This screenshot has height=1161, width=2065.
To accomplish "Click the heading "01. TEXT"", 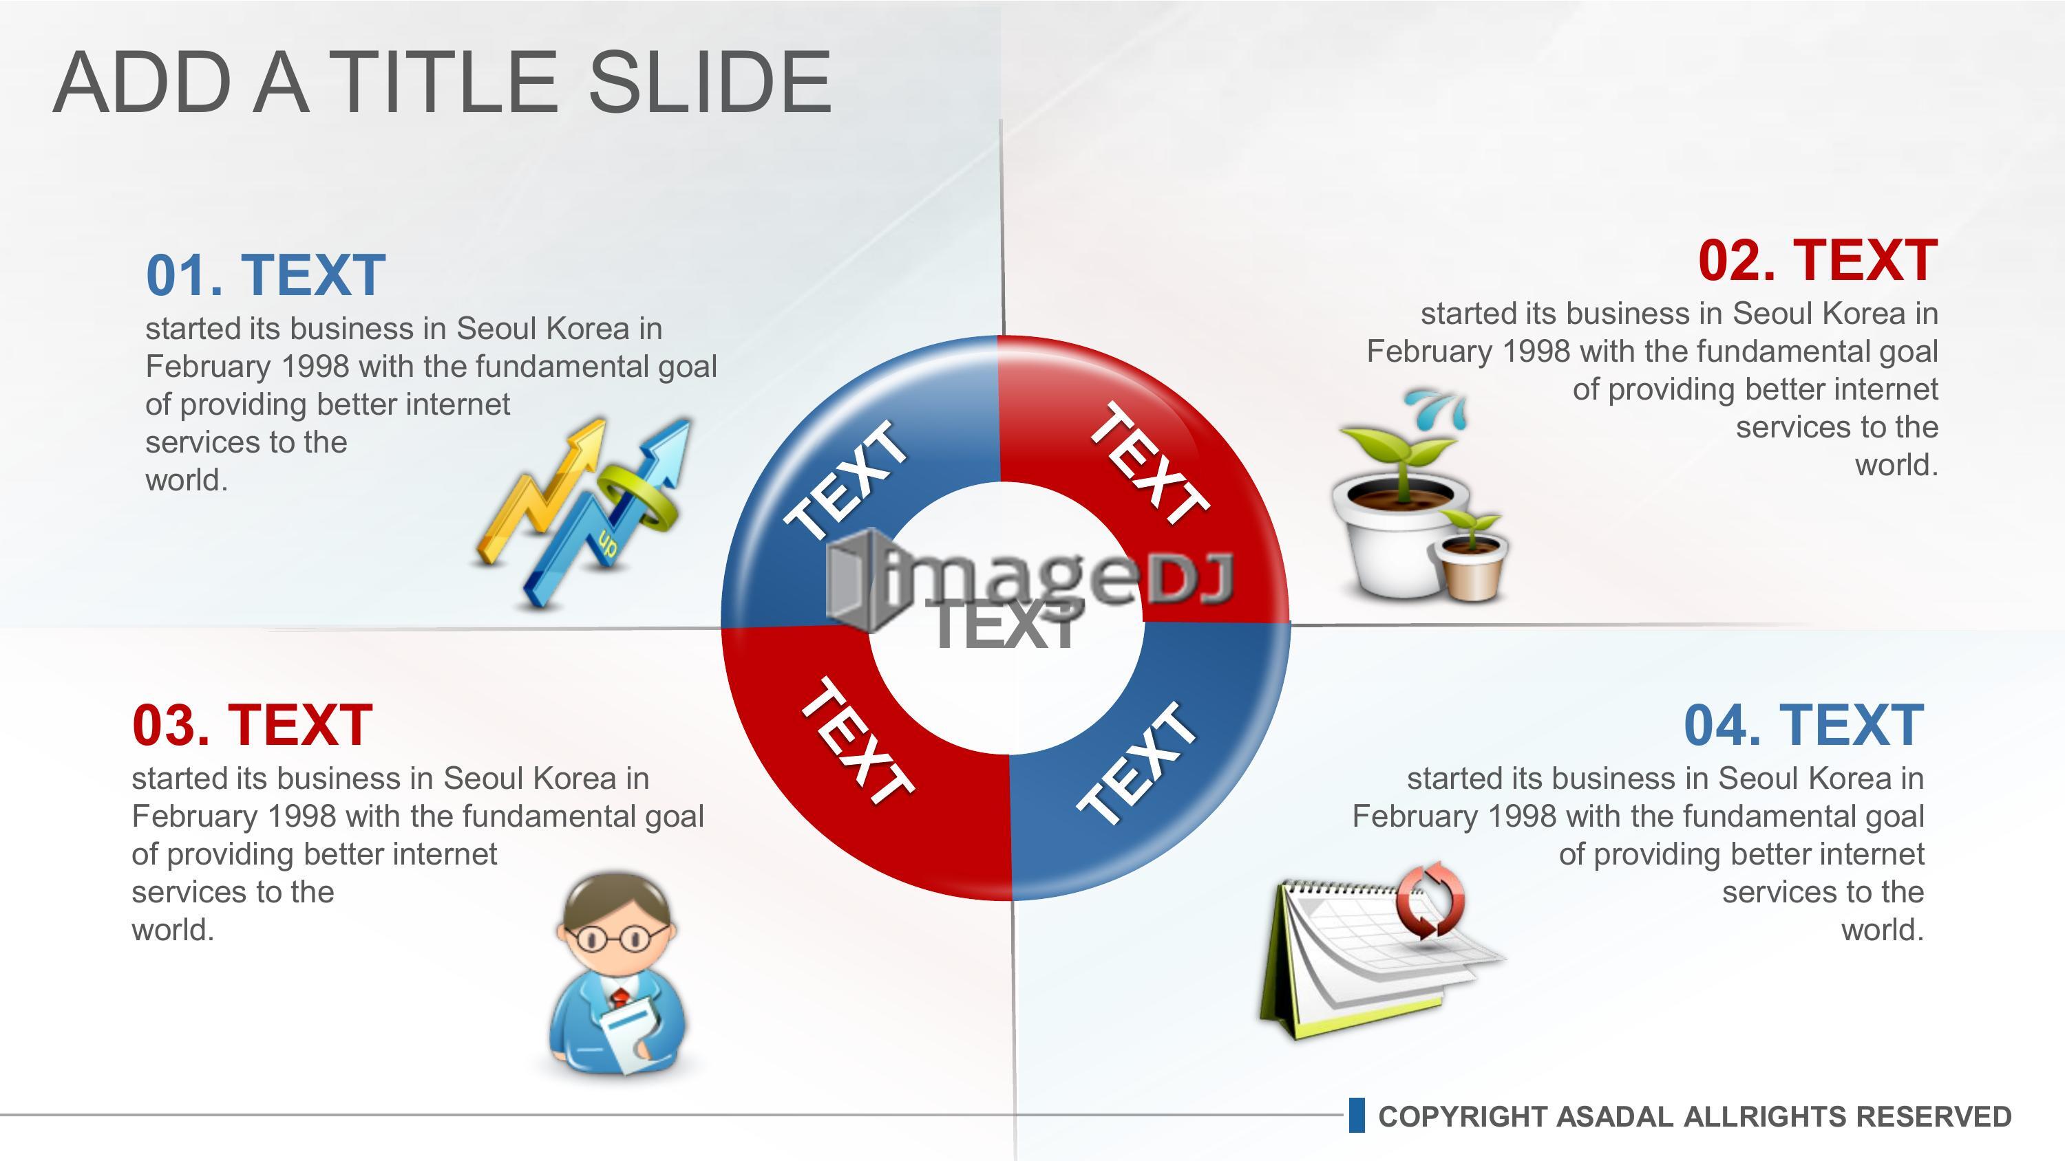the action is point(265,275).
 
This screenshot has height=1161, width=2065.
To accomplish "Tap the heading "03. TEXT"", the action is point(252,725).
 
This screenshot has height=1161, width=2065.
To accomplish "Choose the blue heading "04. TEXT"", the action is point(1803,725).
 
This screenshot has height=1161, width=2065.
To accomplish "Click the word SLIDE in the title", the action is point(710,82).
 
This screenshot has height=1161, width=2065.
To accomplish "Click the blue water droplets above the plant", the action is point(1441,408).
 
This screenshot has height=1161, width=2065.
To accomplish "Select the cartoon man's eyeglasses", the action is point(615,937).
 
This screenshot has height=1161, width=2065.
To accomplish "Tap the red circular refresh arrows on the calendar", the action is point(1430,900).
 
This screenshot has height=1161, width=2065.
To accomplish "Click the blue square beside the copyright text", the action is point(1356,1116).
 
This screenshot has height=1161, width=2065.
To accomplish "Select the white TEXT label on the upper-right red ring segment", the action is point(1150,463).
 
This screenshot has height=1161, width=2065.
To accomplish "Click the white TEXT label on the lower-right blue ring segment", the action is point(1136,762).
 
